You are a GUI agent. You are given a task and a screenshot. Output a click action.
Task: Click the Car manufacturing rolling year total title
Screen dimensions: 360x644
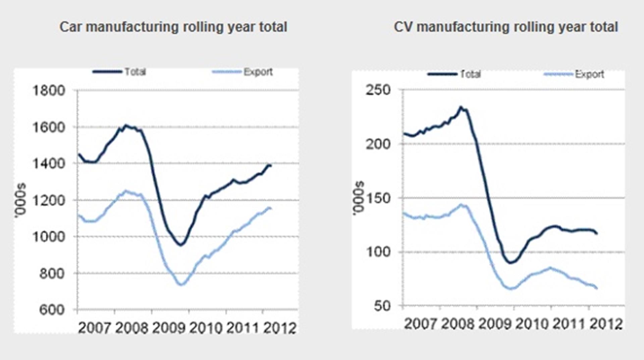point(173,27)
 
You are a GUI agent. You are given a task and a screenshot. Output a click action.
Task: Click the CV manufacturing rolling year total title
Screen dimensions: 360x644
point(506,27)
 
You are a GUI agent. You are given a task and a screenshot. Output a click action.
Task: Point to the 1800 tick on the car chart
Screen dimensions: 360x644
point(49,91)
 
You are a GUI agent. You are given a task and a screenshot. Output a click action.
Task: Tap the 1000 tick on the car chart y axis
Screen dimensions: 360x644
point(49,237)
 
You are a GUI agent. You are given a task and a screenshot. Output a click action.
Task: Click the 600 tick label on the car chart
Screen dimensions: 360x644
point(52,310)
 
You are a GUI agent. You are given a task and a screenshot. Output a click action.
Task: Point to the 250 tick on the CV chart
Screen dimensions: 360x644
point(378,90)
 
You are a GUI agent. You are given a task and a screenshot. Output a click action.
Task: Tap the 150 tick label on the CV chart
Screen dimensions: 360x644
point(378,198)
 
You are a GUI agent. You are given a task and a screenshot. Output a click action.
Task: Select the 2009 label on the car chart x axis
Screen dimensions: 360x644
point(168,328)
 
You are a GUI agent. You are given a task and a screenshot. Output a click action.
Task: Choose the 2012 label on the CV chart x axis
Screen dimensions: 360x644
point(606,324)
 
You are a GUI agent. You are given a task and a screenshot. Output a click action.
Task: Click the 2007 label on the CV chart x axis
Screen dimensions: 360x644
point(420,324)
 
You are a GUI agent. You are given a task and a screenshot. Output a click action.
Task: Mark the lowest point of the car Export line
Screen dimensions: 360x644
point(181,285)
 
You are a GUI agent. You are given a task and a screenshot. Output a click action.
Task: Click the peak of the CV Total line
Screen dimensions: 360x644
point(461,107)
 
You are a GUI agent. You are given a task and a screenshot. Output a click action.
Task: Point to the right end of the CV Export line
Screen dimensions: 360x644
point(597,288)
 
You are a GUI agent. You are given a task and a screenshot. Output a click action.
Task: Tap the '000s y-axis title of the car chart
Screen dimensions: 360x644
point(21,200)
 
